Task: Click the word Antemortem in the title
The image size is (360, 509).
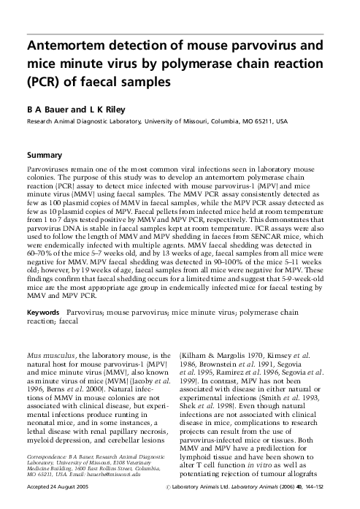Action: point(69,45)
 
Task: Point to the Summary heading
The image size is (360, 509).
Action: point(43,156)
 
